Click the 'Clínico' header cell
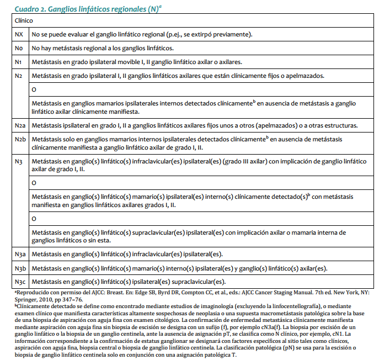click(23, 20)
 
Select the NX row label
click(19, 35)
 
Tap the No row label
click(19, 49)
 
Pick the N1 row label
click(19, 62)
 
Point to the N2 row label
click(19, 76)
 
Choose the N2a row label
click(20, 126)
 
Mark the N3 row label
click(19, 161)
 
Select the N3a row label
click(20, 254)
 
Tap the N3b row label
click(20, 268)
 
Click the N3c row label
click(20, 282)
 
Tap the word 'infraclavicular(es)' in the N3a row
click(159, 254)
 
